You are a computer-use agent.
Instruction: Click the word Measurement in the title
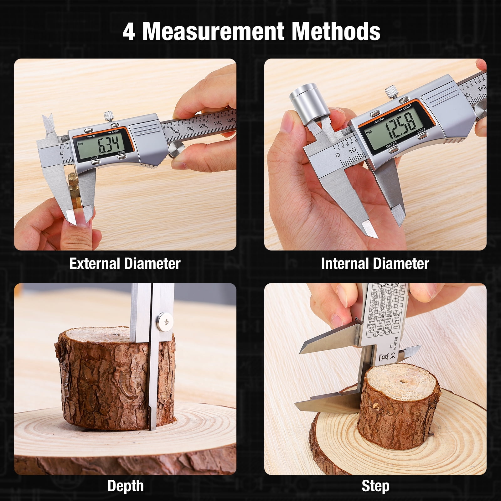[213, 31]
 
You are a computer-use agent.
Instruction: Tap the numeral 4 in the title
[129, 32]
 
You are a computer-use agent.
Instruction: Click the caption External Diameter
[125, 264]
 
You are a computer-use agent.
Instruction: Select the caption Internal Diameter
[375, 264]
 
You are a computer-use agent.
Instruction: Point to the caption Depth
[125, 486]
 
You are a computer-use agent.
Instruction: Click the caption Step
[375, 486]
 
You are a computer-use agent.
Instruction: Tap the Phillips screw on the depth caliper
[165, 322]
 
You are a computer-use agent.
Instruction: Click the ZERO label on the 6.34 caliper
[121, 152]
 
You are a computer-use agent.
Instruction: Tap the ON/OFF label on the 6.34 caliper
[95, 158]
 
